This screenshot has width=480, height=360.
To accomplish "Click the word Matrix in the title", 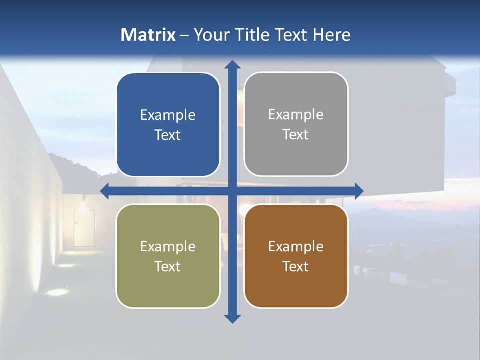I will [x=148, y=35].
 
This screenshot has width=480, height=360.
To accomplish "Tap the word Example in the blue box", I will [x=168, y=115].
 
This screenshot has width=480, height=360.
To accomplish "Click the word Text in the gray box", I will [x=295, y=135].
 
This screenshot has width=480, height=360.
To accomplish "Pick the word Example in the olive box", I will [x=168, y=247].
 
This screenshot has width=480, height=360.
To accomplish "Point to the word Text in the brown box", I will [x=295, y=266].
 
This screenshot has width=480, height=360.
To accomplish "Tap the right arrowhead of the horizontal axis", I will [x=359, y=191].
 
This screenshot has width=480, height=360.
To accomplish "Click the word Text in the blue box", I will [x=168, y=135].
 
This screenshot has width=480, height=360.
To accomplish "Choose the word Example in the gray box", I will [x=295, y=115].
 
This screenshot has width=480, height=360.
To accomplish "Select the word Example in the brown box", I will [x=295, y=247].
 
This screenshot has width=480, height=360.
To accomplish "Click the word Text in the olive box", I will [x=168, y=266].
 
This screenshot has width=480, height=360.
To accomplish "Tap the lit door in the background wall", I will [x=84, y=227].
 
